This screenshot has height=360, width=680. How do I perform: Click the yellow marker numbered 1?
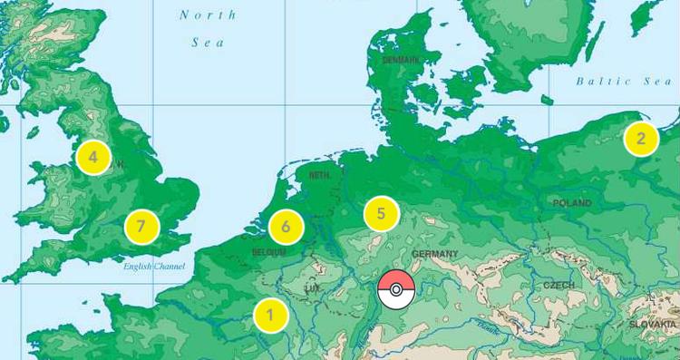click(x=270, y=316)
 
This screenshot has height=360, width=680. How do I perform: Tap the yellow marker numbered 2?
click(x=641, y=139)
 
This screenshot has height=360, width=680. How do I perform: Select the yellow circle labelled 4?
click(x=93, y=157)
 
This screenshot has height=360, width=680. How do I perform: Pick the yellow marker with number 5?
click(x=382, y=214)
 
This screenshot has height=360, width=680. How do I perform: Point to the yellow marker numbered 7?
click(x=141, y=226)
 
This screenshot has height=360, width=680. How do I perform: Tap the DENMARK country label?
click(x=401, y=60)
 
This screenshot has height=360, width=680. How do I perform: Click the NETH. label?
click(x=319, y=175)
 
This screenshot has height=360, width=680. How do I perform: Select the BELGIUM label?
click(x=269, y=252)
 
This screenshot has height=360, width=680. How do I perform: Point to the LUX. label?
click(x=313, y=288)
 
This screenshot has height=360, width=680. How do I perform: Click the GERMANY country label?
click(x=434, y=254)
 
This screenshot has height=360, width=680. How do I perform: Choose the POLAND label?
click(x=572, y=203)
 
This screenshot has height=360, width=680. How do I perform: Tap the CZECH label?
click(x=559, y=285)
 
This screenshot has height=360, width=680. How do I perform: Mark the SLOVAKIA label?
click(x=653, y=324)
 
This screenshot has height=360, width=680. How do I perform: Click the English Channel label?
click(x=154, y=267)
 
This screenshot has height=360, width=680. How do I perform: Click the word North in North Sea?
click(x=208, y=15)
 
